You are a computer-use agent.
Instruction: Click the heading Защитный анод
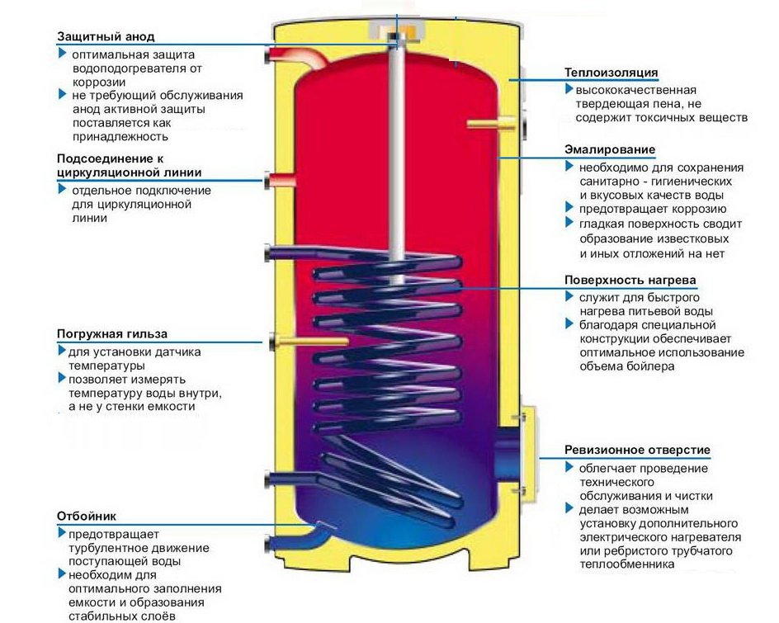pyautogui.click(x=106, y=37)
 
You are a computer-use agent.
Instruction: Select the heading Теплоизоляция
pyautogui.click(x=611, y=73)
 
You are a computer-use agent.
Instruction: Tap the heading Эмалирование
pyautogui.click(x=610, y=150)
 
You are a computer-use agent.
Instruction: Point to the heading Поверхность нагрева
pyautogui.click(x=630, y=280)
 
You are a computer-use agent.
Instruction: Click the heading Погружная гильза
pyautogui.click(x=112, y=334)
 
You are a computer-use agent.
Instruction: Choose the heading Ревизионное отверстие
pyautogui.click(x=637, y=450)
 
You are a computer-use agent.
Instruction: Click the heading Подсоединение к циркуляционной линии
pyautogui.click(x=128, y=165)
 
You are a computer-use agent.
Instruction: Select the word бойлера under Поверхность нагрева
pyautogui.click(x=652, y=366)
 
